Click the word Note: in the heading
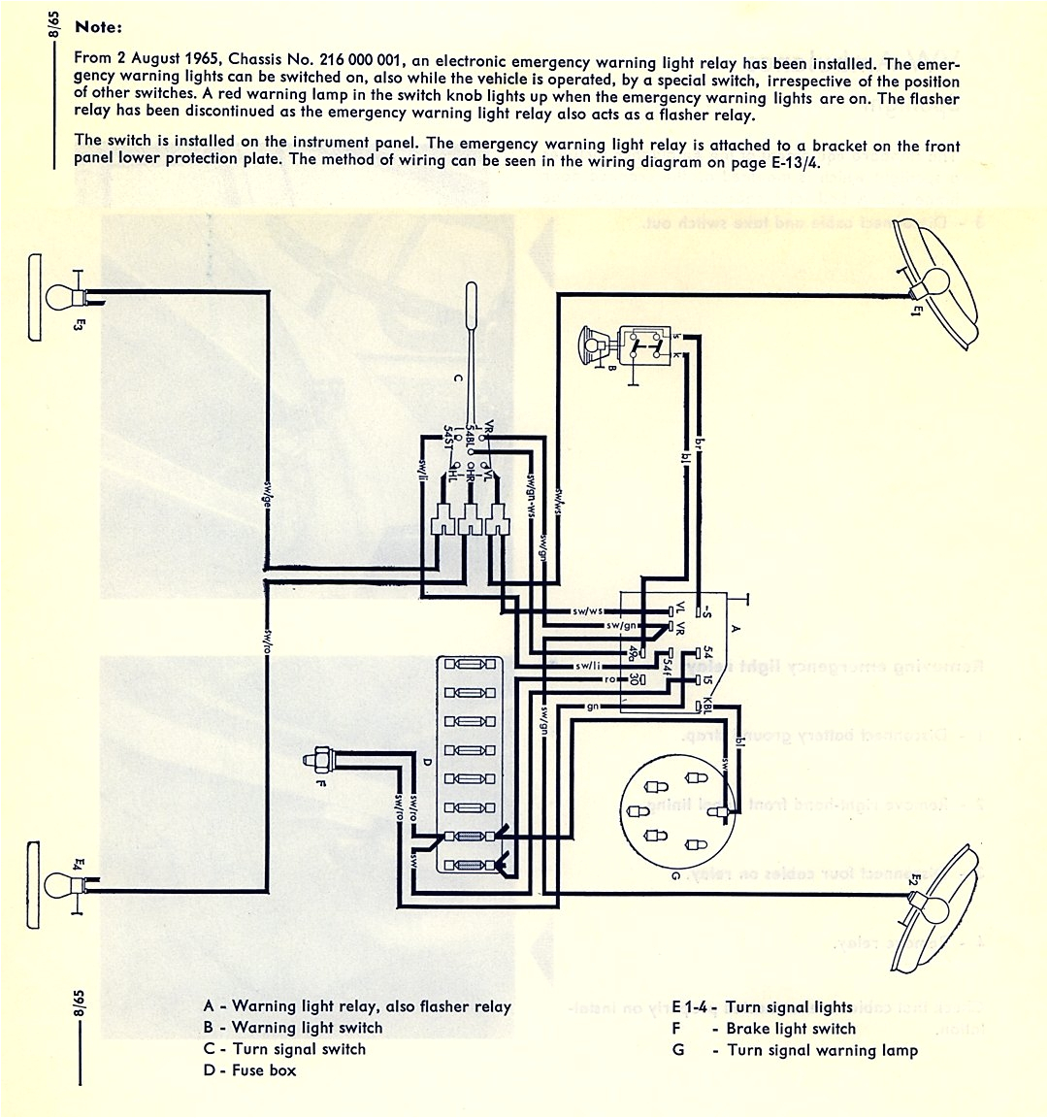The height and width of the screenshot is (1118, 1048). click(98, 27)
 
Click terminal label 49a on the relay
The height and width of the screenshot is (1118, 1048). click(635, 651)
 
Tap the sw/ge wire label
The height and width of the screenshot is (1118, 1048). click(265, 494)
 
